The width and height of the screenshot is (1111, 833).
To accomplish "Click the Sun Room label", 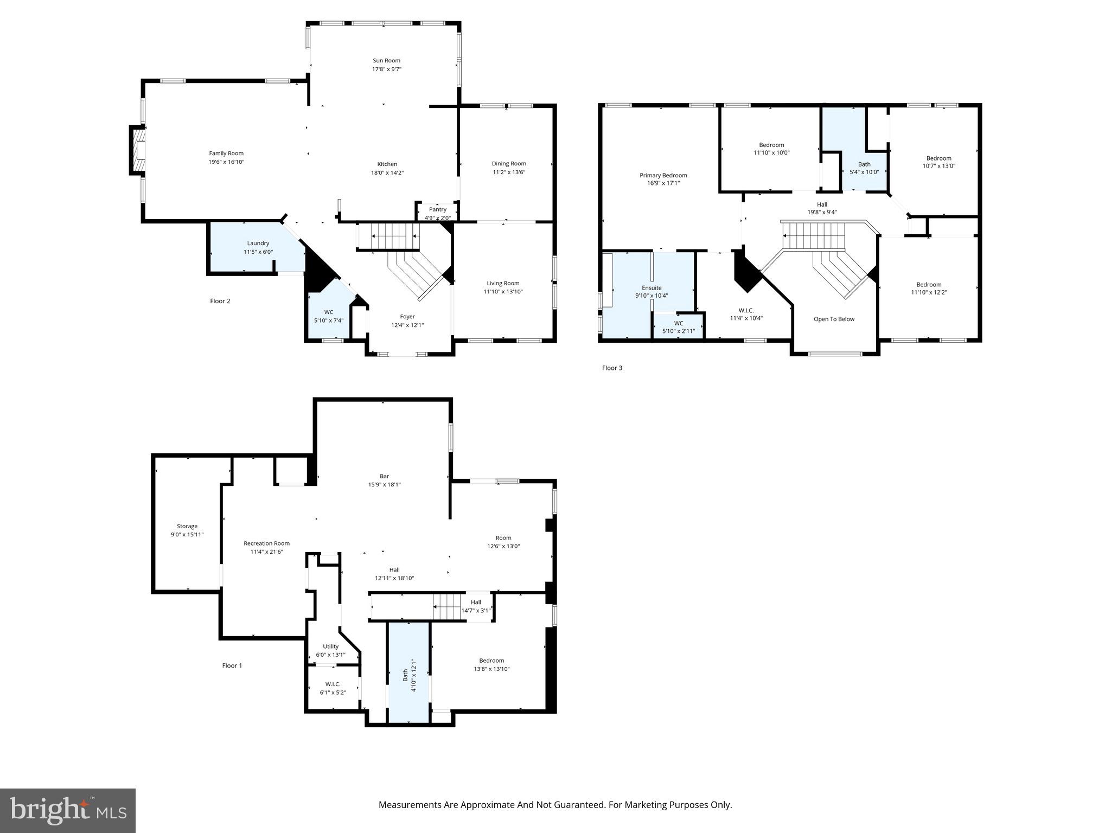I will click(x=386, y=61).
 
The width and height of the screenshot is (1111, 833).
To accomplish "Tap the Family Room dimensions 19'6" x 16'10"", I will click(x=227, y=162).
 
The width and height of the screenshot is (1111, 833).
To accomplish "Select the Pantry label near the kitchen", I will click(x=437, y=209).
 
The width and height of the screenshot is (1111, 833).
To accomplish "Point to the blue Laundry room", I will click(x=258, y=247).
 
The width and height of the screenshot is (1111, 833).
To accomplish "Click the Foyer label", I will click(x=407, y=317).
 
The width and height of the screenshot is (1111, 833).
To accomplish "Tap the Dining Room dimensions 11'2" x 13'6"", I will click(x=509, y=172).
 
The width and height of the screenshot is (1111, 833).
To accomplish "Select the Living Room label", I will click(x=503, y=283).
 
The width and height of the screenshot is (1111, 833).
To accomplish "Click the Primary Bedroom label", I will click(x=663, y=175).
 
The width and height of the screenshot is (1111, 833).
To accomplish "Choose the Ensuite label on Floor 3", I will click(x=652, y=288).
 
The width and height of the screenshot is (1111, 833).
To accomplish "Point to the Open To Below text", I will click(x=834, y=319).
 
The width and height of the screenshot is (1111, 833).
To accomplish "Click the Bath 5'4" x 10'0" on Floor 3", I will click(x=864, y=168).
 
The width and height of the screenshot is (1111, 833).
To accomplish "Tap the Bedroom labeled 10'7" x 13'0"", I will click(x=938, y=162).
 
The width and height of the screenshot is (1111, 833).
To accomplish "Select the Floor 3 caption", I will click(x=612, y=368).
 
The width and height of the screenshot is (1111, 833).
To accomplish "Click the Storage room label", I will click(x=187, y=526).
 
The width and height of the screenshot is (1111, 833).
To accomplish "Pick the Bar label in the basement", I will click(x=384, y=476).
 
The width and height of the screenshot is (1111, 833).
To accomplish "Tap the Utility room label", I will click(x=330, y=646).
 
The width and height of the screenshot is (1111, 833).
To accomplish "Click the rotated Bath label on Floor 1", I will click(x=405, y=675).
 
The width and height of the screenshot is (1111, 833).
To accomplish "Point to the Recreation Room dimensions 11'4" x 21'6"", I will click(x=266, y=552).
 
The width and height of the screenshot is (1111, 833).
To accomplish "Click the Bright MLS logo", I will click(x=68, y=810).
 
